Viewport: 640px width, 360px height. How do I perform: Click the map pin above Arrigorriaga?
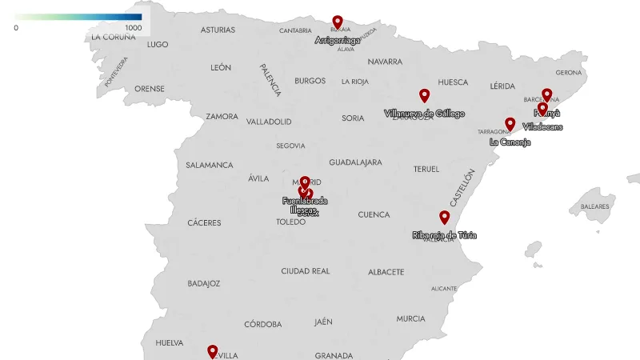(x=338, y=22)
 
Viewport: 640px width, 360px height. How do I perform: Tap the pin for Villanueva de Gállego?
(x=425, y=96)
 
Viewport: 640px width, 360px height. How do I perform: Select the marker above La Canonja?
(x=510, y=125)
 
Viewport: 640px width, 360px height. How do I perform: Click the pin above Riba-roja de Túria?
(x=445, y=218)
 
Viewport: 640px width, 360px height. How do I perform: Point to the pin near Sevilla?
(x=213, y=351)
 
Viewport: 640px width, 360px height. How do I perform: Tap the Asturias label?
(x=218, y=30)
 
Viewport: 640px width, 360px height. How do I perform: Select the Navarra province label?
(x=385, y=62)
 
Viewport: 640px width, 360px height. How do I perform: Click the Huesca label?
(x=453, y=82)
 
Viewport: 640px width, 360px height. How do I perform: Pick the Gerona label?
(x=569, y=72)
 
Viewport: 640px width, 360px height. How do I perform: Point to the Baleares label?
(x=595, y=206)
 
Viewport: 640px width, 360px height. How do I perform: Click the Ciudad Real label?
(x=306, y=271)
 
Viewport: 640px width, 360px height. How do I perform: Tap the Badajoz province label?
(x=203, y=283)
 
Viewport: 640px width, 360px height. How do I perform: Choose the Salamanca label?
(x=210, y=166)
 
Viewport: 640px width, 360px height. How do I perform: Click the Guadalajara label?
(x=355, y=162)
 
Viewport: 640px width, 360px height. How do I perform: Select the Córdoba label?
(x=263, y=324)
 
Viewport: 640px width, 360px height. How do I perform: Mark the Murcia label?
(x=410, y=318)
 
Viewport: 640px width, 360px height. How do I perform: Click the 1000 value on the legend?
(x=133, y=28)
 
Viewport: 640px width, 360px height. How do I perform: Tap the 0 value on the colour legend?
(x=16, y=28)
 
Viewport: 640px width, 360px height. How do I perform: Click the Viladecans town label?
(x=543, y=126)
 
